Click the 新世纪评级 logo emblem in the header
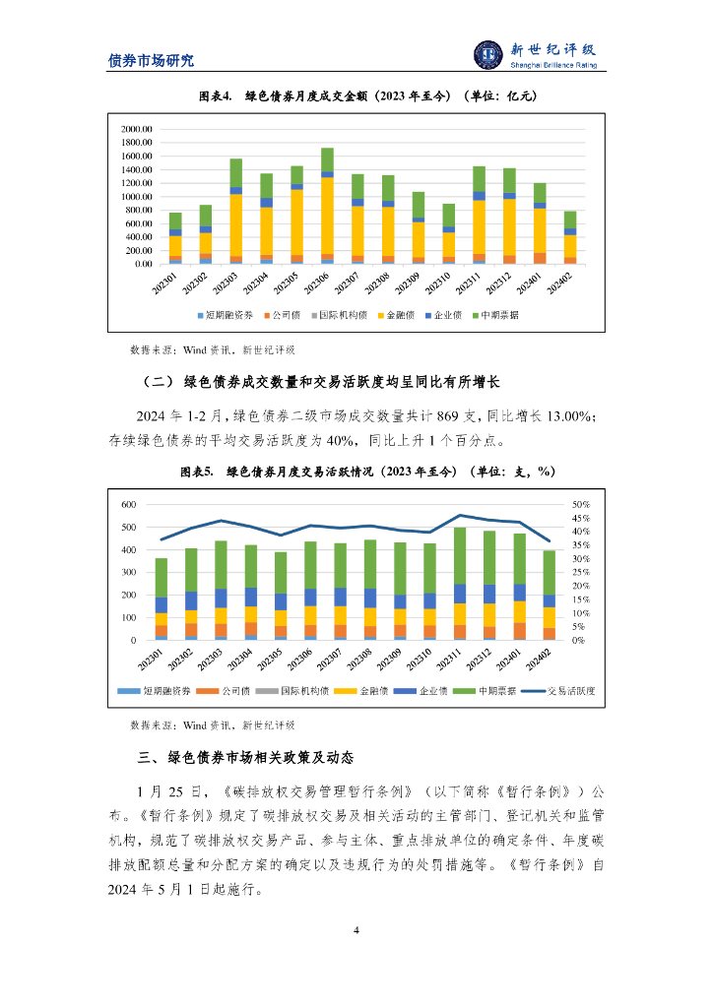tap(488, 55)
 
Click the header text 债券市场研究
tap(151, 60)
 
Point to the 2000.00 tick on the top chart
tap(136, 129)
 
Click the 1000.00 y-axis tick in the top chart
tap(136, 197)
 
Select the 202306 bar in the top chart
tap(327, 207)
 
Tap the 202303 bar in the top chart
tap(235, 212)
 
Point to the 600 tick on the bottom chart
tap(128, 504)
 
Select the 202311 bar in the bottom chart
tap(459, 584)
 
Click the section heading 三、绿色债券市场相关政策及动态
tap(246, 758)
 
